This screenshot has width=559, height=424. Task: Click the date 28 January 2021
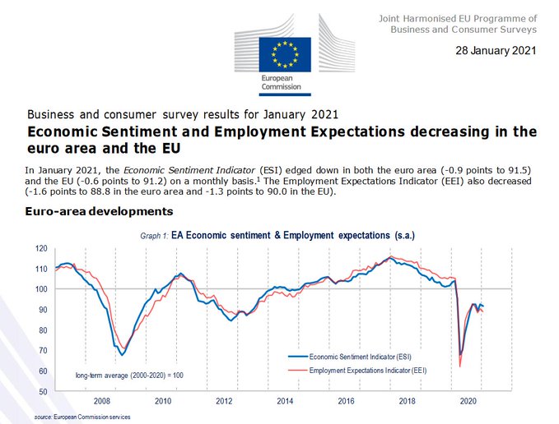coord(496,50)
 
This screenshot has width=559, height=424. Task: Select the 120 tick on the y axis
coord(40,248)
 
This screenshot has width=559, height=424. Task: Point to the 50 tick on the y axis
coord(41,392)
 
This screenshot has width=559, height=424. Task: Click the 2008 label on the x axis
coord(101,402)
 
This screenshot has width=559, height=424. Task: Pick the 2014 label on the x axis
coord(285,402)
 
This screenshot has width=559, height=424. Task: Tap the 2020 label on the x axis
coord(468,402)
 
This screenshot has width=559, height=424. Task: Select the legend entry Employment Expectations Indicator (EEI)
coord(368,371)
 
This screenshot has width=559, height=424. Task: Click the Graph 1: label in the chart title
coord(156,235)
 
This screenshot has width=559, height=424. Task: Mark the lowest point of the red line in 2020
coord(460,366)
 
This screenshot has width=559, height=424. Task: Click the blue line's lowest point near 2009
coord(122,355)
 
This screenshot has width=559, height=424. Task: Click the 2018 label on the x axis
coord(407,402)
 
